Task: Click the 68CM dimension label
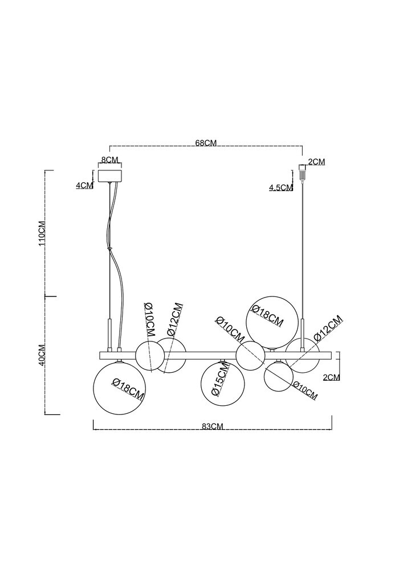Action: point(206,143)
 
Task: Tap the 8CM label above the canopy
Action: point(109,160)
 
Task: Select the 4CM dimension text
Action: point(84,185)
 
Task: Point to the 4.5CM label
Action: point(280,188)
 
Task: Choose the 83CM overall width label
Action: point(212,426)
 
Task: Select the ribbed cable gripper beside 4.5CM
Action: point(301,172)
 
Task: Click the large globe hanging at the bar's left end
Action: point(119,388)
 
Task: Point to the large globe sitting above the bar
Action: point(271,323)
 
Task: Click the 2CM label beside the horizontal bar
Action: point(331,377)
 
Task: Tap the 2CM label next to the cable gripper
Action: point(316,162)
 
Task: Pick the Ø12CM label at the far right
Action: point(328,328)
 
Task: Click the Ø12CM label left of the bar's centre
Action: point(174,319)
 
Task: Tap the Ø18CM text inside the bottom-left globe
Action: point(128,389)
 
